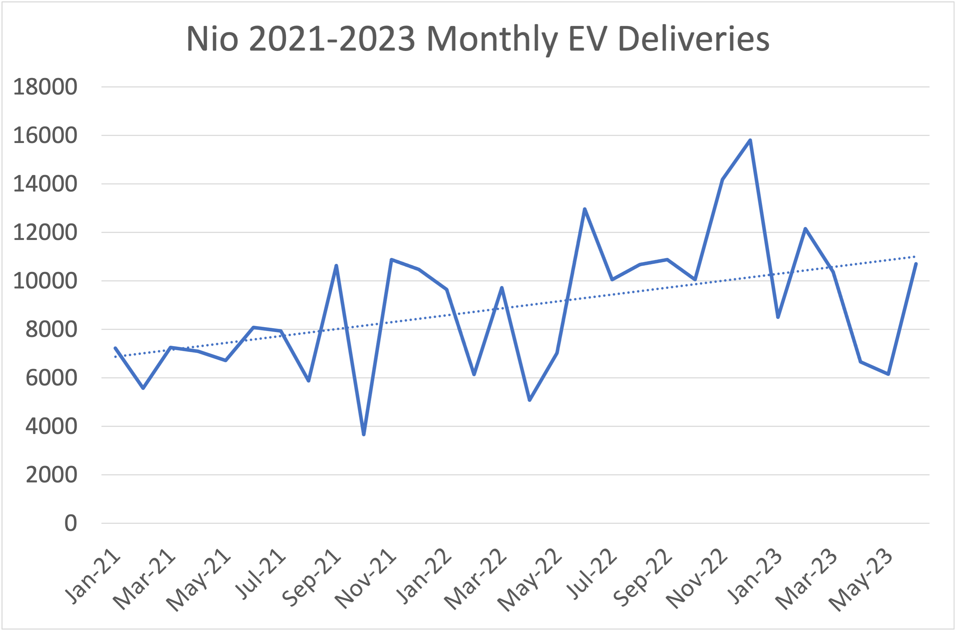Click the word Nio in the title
coord(212,39)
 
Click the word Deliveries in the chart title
coord(693,39)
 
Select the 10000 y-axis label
coord(45,280)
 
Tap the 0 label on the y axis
coord(70,523)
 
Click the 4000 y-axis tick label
coord(51,426)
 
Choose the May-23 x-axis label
coord(861,581)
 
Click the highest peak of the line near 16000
coord(750,141)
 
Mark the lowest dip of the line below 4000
coord(364,434)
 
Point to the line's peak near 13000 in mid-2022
coord(584,209)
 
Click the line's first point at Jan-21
coord(116,348)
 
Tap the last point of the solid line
coord(916,264)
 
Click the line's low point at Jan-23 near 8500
coord(778,317)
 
